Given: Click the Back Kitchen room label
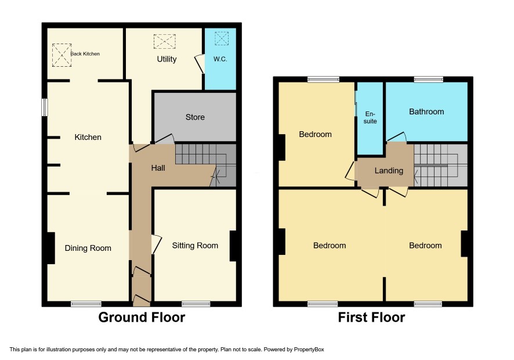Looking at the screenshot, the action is click(x=85, y=54).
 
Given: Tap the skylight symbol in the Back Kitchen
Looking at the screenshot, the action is click(x=61, y=55).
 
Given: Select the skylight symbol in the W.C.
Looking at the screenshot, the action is click(x=221, y=38).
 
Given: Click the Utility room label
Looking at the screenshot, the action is click(x=166, y=59).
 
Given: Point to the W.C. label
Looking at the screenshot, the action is click(x=220, y=59).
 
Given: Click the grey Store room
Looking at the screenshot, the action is click(x=195, y=117).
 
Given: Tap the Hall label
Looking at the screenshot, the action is click(x=158, y=168).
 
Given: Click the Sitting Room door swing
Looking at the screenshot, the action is click(x=157, y=244).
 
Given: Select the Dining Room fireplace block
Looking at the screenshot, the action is click(x=51, y=248).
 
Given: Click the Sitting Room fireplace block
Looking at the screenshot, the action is click(x=233, y=246).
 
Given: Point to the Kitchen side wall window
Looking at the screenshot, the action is click(x=45, y=107).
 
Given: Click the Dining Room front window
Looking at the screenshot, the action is click(x=86, y=304).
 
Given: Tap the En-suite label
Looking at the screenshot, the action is click(x=370, y=117).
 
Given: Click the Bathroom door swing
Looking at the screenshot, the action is click(x=397, y=137).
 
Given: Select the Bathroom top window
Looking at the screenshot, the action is click(x=429, y=79).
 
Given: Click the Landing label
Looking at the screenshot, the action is click(x=389, y=171).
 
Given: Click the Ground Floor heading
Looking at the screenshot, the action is click(x=142, y=318).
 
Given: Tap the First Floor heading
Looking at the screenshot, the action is click(x=371, y=318).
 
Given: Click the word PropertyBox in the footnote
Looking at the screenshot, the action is click(x=309, y=350).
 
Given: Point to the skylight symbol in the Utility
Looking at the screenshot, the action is click(x=165, y=41).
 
